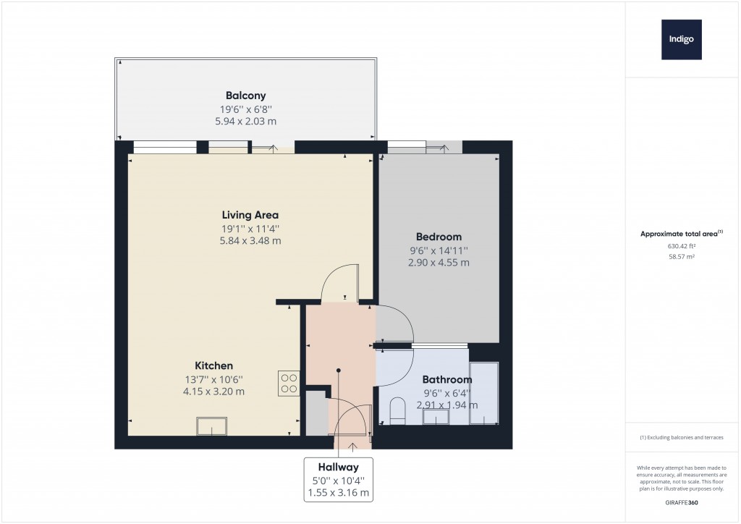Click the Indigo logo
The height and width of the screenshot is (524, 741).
pyautogui.click(x=681, y=40)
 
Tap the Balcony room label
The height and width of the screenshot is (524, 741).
pyautogui.click(x=245, y=96)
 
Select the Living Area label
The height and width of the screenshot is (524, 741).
pyautogui.click(x=250, y=215)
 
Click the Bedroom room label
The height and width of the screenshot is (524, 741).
pyautogui.click(x=439, y=237)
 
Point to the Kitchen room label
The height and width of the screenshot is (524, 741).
pyautogui.click(x=213, y=365)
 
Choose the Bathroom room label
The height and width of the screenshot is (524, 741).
pyautogui.click(x=446, y=379)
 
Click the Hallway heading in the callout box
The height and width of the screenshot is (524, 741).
pyautogui.click(x=338, y=468)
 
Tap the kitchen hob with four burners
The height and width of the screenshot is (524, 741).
pyautogui.click(x=289, y=383)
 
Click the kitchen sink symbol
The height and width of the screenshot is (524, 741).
pyautogui.click(x=211, y=427)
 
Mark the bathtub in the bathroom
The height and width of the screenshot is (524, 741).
pyautogui.click(x=483, y=392)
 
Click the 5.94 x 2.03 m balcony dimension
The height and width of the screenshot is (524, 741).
pyautogui.click(x=245, y=122)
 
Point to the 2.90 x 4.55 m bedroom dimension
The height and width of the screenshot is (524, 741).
pyautogui.click(x=439, y=263)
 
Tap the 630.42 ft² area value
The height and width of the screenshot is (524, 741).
pyautogui.click(x=681, y=246)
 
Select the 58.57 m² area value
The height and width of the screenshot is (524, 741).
pyautogui.click(x=681, y=256)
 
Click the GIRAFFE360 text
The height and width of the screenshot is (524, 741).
pyautogui.click(x=681, y=502)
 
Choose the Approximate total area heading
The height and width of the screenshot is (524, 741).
pyautogui.click(x=681, y=234)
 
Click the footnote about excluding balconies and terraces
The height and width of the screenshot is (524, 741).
pyautogui.click(x=681, y=438)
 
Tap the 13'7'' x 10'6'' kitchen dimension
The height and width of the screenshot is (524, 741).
pyautogui.click(x=213, y=379)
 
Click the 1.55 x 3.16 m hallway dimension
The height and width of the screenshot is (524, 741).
pyautogui.click(x=338, y=493)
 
